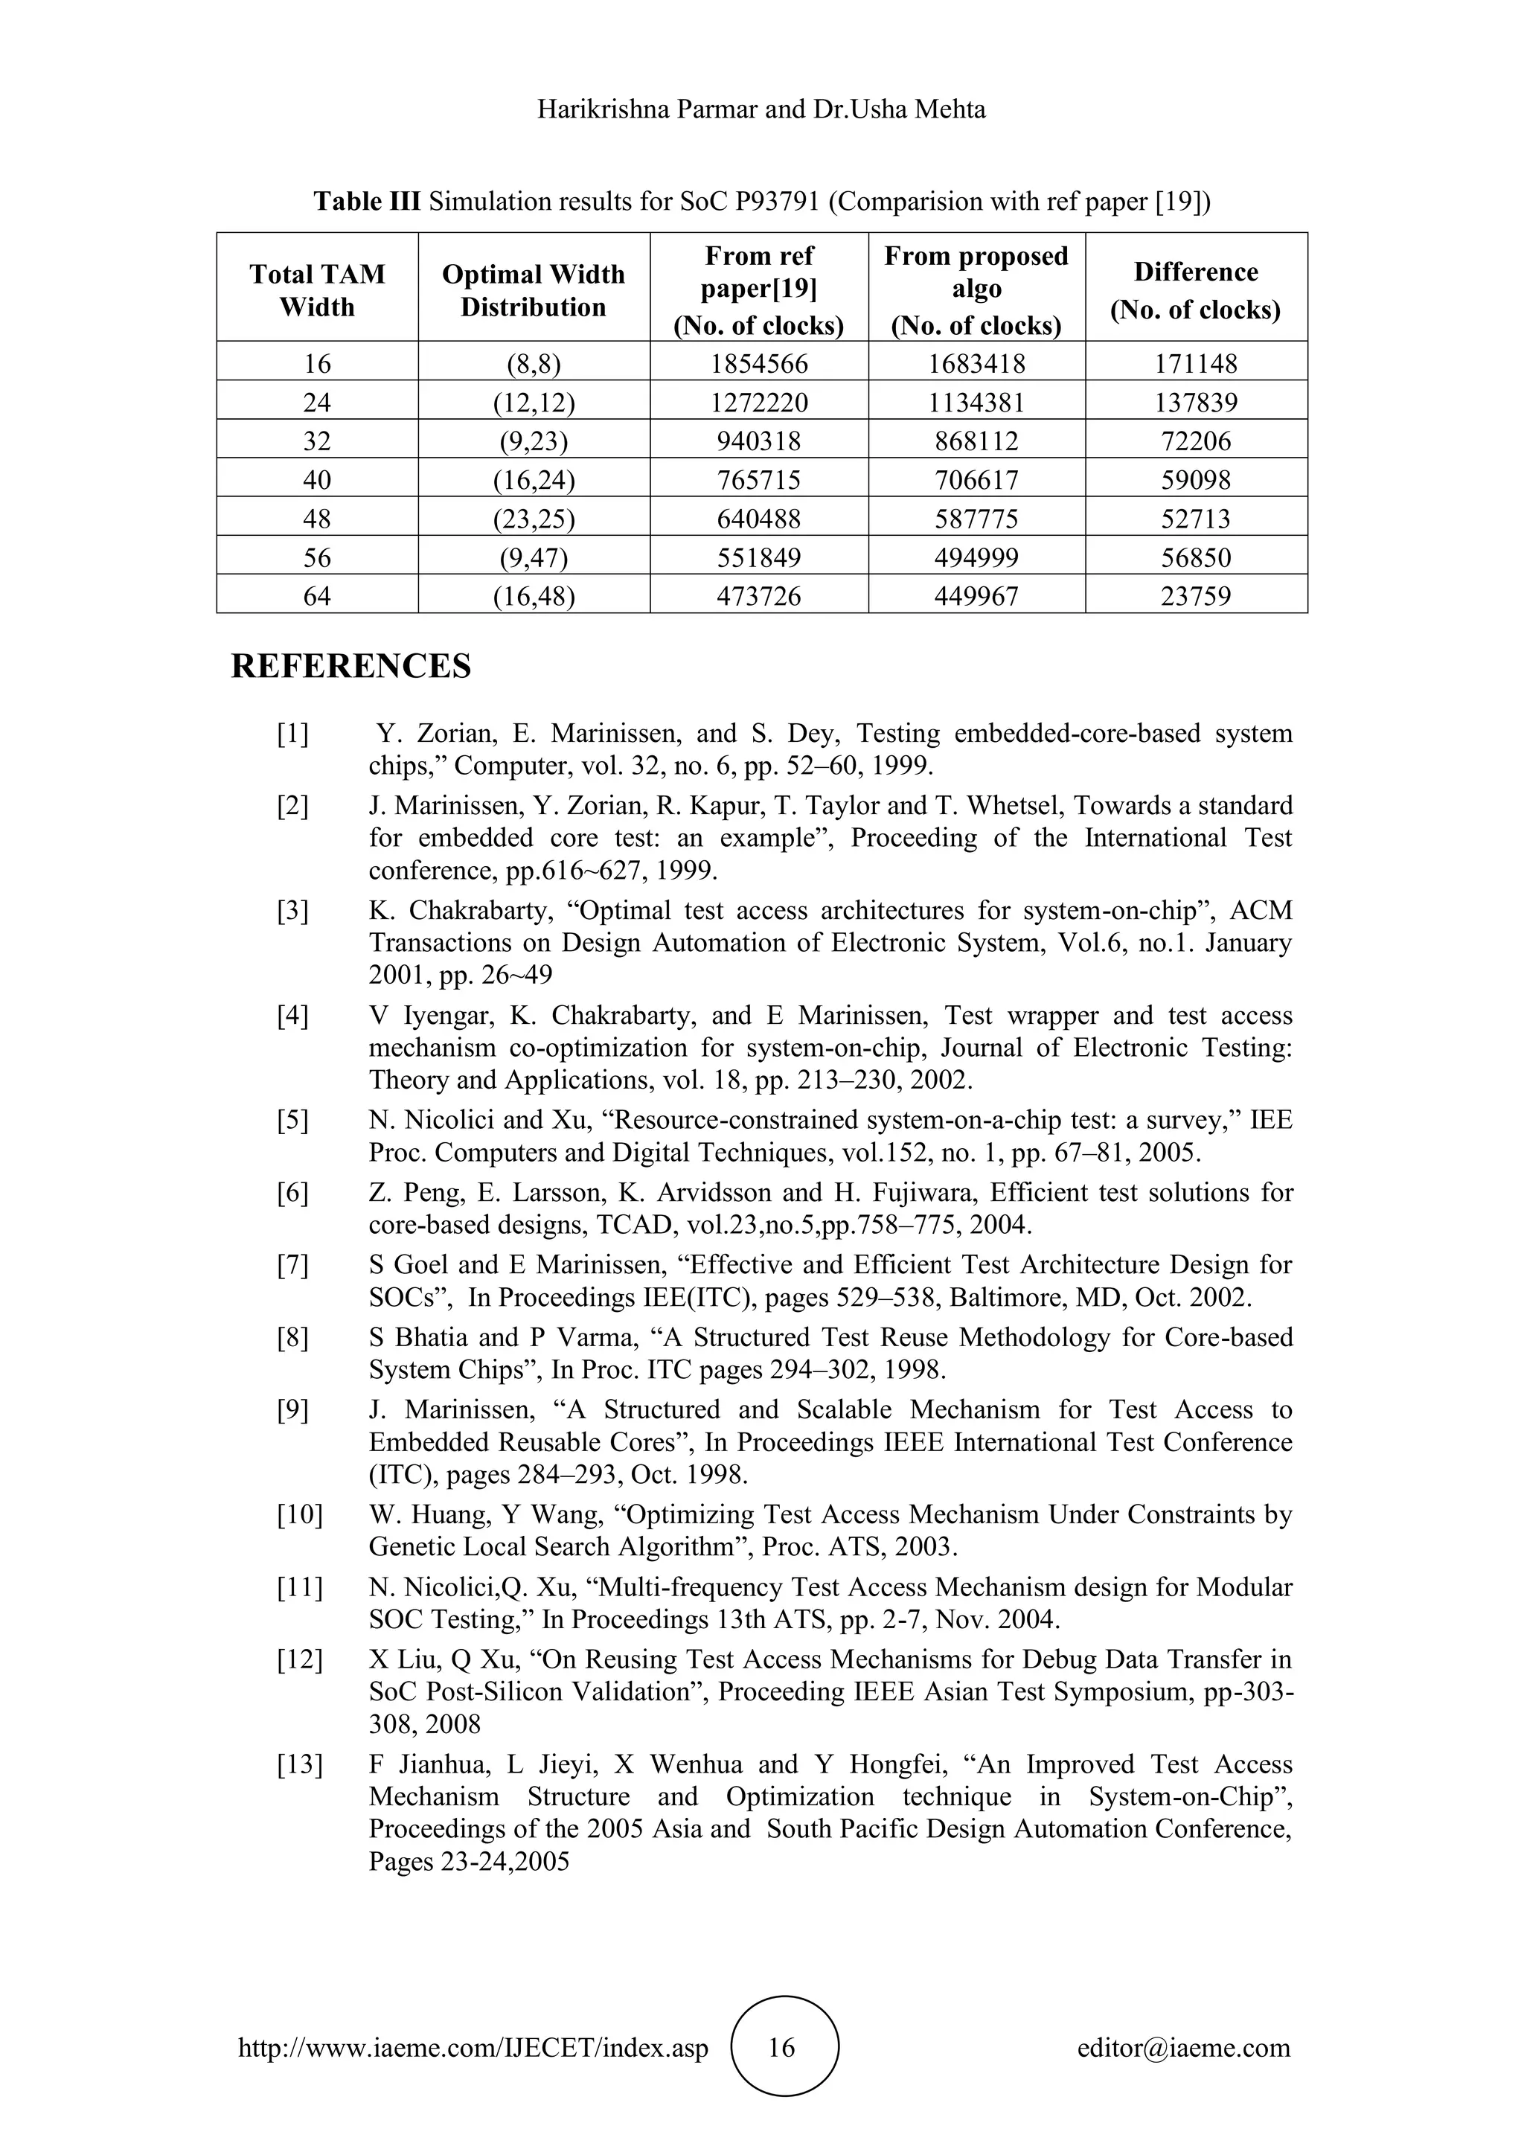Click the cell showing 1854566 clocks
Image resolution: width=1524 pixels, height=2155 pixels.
pos(758,363)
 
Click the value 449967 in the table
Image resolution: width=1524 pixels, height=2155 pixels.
pos(976,596)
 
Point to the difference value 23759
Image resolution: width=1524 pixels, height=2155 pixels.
pos(1196,596)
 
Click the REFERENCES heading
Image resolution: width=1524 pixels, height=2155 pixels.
pos(351,667)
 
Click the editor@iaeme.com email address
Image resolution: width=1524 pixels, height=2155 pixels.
pos(1183,2047)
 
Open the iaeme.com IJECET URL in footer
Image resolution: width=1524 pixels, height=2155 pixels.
pos(474,2048)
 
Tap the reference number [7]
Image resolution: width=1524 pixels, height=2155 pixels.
pos(292,1265)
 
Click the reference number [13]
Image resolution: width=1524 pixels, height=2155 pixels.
pos(299,1764)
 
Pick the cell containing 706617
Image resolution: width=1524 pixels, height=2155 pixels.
pos(976,480)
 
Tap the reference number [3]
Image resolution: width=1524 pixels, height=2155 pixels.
pos(292,910)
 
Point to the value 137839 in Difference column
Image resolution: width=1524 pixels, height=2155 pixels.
pos(1196,403)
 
